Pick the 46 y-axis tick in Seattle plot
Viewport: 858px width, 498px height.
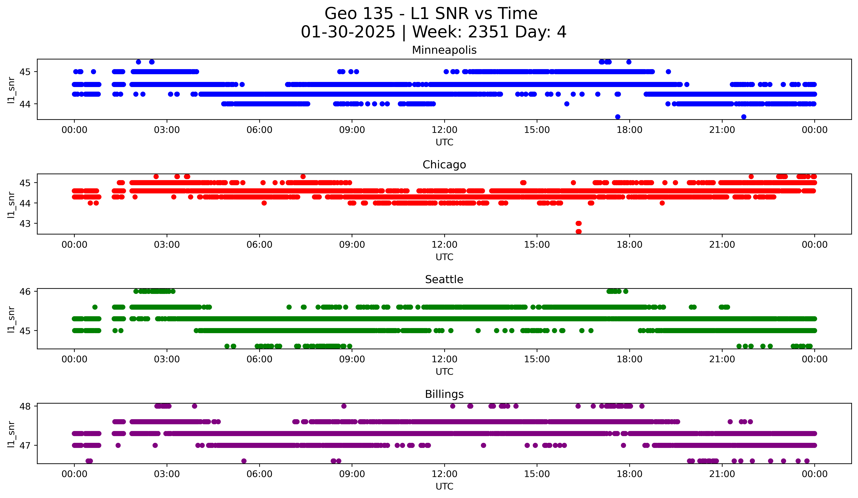pos(24,291)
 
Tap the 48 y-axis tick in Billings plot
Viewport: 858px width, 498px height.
pos(24,406)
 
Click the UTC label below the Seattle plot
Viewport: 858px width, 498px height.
pos(444,372)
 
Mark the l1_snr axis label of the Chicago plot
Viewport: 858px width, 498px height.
pos(11,204)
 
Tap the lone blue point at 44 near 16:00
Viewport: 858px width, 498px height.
pos(567,104)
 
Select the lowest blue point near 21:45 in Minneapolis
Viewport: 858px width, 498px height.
pos(744,117)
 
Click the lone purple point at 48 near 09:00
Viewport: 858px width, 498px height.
pos(344,406)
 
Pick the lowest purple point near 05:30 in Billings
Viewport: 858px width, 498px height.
pos(244,461)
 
